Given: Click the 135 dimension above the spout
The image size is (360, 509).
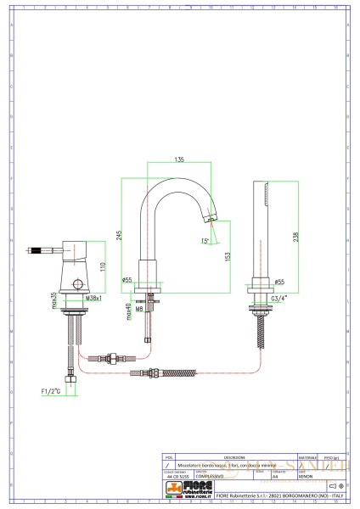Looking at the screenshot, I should pos(179,158).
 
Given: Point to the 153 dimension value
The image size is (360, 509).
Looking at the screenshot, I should pos(227,256).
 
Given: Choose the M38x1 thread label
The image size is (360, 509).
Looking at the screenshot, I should pos(93,299).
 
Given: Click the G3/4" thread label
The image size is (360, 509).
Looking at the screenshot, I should pos(279,299).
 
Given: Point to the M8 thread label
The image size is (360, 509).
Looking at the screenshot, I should pos(139,310).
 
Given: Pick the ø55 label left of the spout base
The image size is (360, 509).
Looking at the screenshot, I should pos(127,279).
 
